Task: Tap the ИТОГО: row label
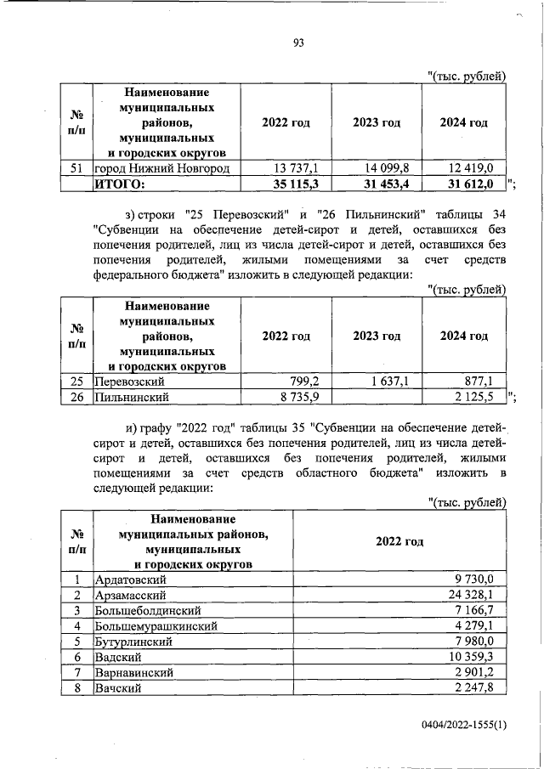tap(120, 183)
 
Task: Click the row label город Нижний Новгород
tap(161, 167)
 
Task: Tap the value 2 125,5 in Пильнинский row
tap(471, 397)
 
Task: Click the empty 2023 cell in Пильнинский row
tap(377, 397)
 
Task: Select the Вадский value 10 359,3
tap(477, 657)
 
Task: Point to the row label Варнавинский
tap(134, 672)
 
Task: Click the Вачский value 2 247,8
tap(480, 687)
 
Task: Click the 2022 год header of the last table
tap(399, 540)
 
